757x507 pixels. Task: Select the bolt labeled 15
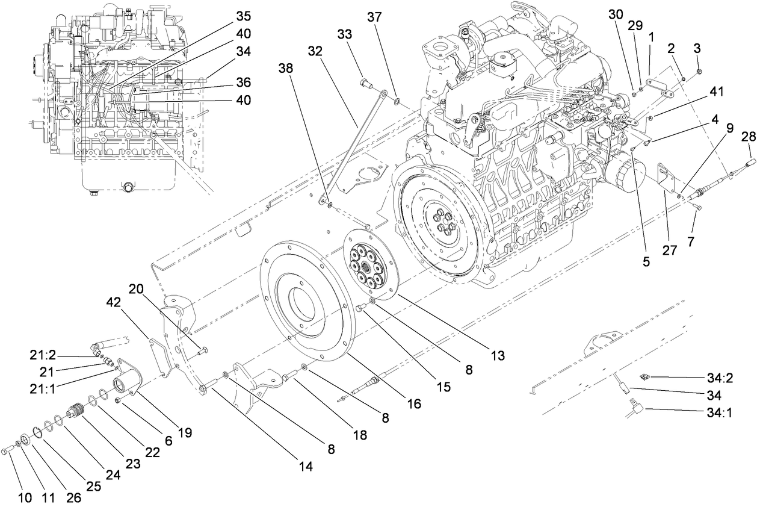coord(360,308)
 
